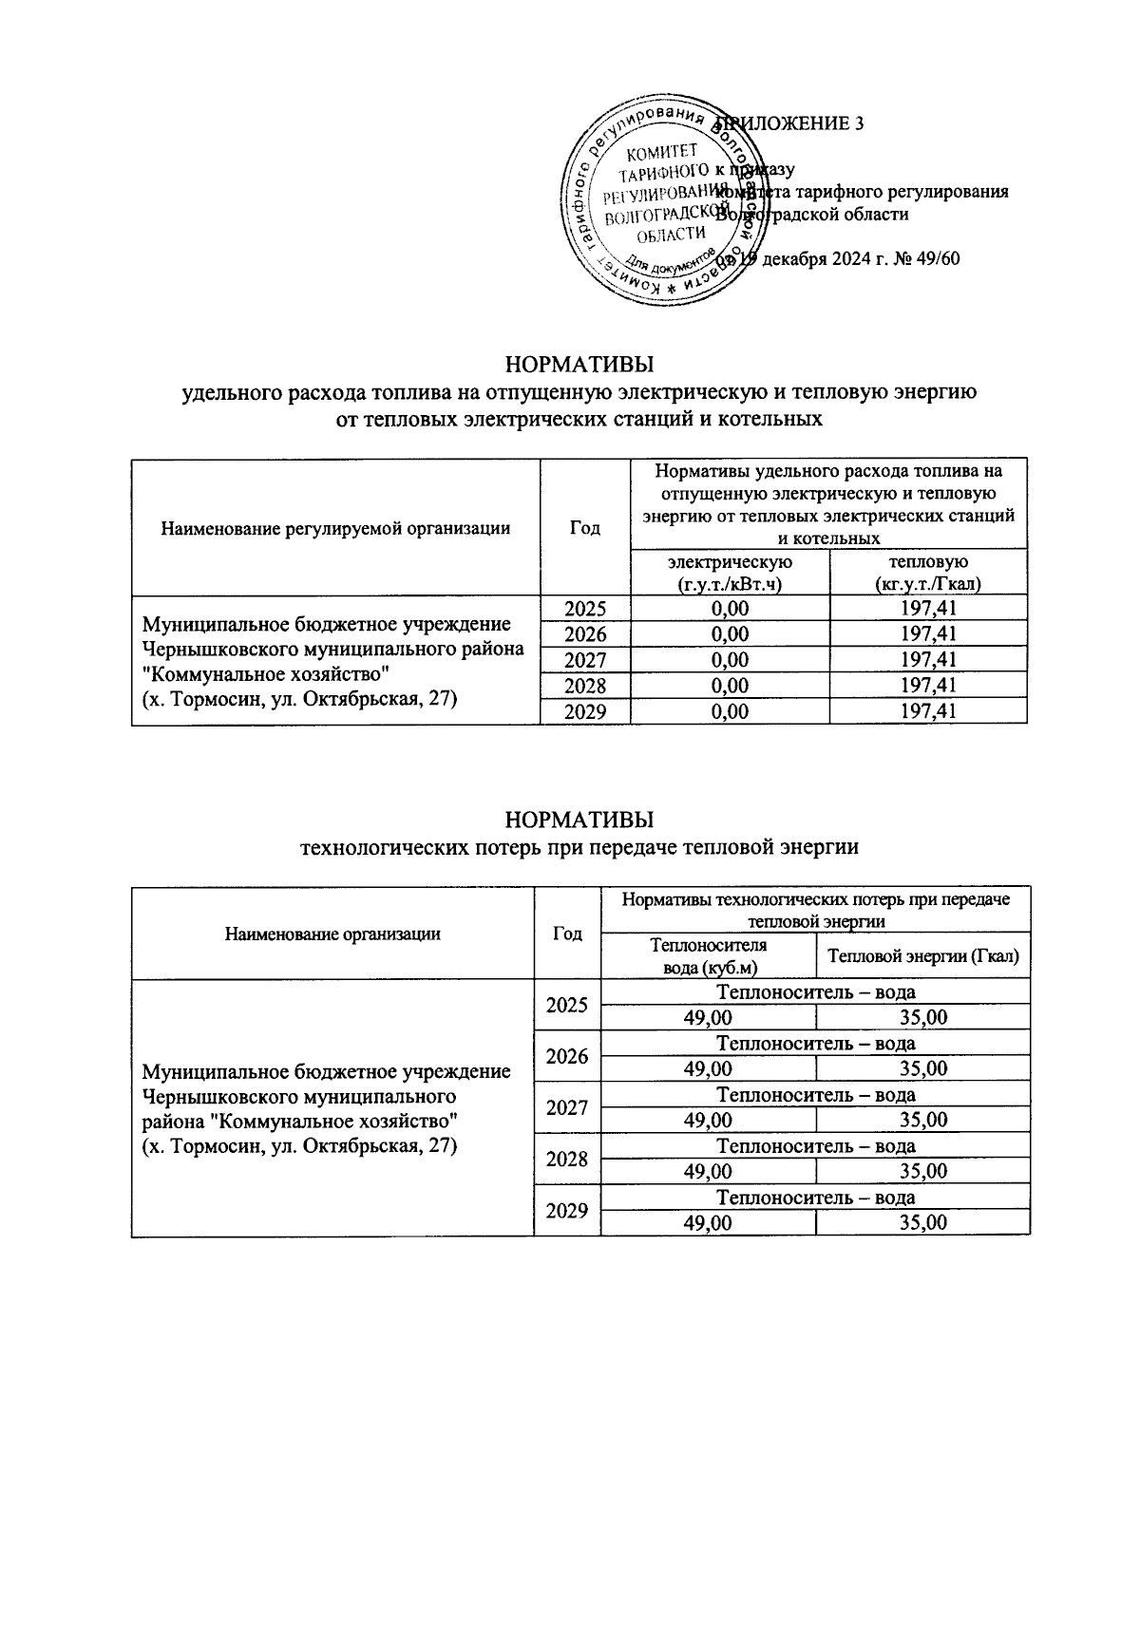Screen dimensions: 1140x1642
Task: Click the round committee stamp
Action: (662, 201)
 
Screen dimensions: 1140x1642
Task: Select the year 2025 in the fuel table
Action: (584, 609)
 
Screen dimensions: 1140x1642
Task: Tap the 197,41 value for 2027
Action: (928, 660)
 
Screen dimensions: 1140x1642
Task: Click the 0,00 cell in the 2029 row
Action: (730, 711)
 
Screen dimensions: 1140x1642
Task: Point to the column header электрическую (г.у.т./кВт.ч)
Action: (730, 574)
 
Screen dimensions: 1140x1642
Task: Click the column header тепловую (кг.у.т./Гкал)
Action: (928, 574)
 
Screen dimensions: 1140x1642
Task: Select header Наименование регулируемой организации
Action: (335, 528)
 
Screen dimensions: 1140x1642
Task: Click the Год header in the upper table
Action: (584, 528)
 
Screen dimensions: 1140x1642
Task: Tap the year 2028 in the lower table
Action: (567, 1159)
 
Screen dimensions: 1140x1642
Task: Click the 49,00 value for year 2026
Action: (708, 1068)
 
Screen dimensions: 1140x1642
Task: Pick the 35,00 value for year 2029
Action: (922, 1222)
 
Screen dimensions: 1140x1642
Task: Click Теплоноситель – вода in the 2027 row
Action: (815, 1095)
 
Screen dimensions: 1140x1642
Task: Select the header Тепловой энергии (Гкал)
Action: (922, 956)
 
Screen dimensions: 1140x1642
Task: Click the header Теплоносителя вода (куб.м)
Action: (708, 956)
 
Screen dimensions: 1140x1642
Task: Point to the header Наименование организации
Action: (332, 934)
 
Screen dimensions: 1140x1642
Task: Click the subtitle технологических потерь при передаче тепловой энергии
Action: (579, 847)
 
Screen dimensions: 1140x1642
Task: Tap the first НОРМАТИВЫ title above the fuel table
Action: (579, 365)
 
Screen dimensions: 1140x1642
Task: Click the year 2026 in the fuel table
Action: (584, 634)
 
